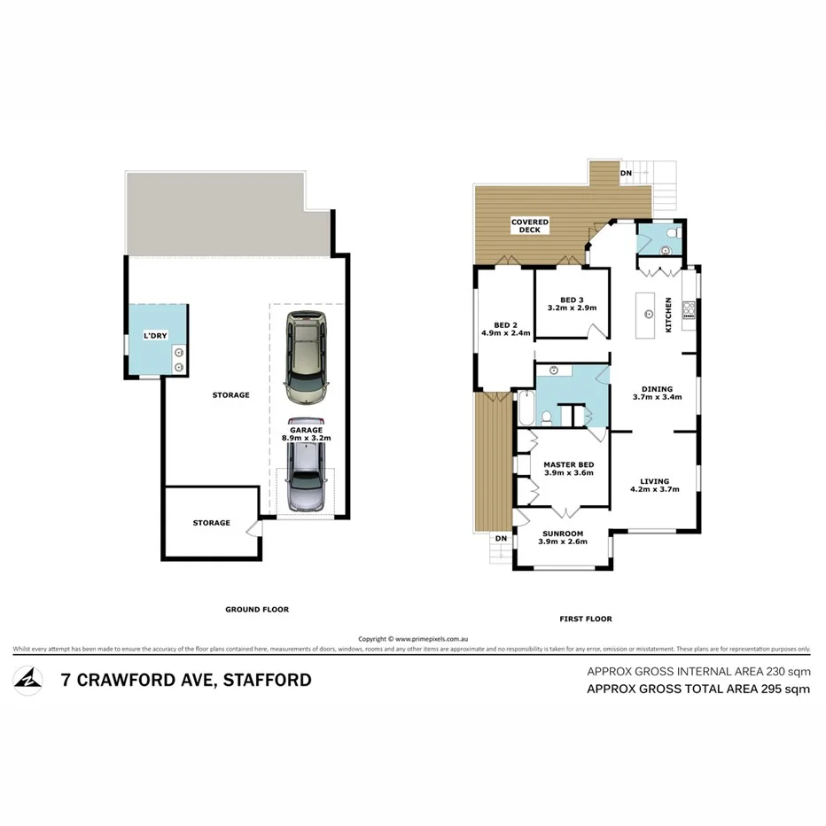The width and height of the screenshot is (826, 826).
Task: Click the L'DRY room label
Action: click(156, 336)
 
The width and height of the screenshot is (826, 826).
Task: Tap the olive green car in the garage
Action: click(307, 355)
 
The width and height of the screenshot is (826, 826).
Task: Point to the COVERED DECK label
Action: click(530, 226)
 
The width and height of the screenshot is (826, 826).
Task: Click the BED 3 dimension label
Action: click(572, 304)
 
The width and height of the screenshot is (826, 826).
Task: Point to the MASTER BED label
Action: click(568, 469)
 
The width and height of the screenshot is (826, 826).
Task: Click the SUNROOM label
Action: click(564, 537)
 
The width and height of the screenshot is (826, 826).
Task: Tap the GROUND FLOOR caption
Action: click(256, 609)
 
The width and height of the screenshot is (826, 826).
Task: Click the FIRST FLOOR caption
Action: click(585, 619)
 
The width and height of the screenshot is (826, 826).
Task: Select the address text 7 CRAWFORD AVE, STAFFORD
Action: click(185, 681)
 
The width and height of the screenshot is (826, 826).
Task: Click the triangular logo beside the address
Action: click(28, 680)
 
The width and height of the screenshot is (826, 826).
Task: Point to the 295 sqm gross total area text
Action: click(698, 689)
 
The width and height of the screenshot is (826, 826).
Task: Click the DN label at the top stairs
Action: click(627, 172)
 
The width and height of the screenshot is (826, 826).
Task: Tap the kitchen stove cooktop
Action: click(689, 309)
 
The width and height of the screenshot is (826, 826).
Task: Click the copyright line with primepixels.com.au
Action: click(412, 638)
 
